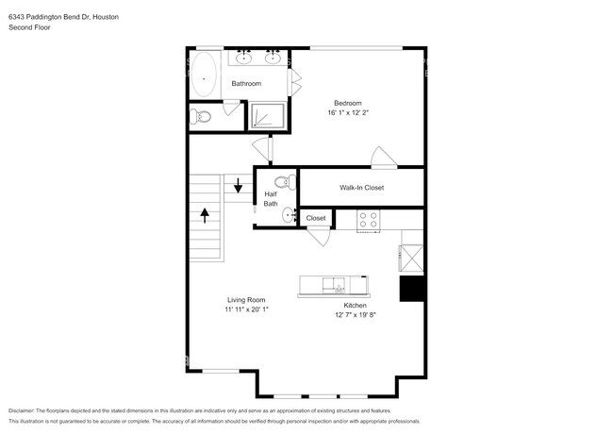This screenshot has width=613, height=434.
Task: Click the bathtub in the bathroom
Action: pyautogui.click(x=204, y=75)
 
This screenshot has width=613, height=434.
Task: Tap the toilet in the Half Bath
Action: pyautogui.click(x=286, y=182)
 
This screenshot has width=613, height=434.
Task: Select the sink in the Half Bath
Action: pyautogui.click(x=290, y=215)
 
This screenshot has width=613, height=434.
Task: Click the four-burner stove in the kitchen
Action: pyautogui.click(x=368, y=220)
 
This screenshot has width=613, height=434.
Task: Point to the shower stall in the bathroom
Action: pyautogui.click(x=268, y=115)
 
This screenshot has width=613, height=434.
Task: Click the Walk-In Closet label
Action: pyautogui.click(x=361, y=188)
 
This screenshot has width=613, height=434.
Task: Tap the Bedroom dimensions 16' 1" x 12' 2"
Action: pyautogui.click(x=348, y=112)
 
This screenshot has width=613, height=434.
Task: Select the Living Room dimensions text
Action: pyautogui.click(x=246, y=309)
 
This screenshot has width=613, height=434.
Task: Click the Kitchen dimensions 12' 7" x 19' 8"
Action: pyautogui.click(x=355, y=315)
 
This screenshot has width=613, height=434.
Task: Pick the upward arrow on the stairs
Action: pyautogui.click(x=205, y=215)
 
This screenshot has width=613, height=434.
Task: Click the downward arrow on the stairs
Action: pyautogui.click(x=238, y=185)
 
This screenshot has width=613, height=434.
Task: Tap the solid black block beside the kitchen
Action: pyautogui.click(x=412, y=289)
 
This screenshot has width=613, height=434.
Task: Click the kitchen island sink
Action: pyautogui.click(x=334, y=285)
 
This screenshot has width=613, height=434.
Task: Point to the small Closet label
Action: pyautogui.click(x=316, y=218)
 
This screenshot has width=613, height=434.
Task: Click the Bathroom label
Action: pyautogui.click(x=246, y=84)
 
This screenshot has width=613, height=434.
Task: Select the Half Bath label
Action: pyautogui.click(x=271, y=199)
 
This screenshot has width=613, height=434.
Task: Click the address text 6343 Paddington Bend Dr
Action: pyautogui.click(x=50, y=17)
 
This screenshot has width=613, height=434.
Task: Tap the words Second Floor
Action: pyautogui.click(x=29, y=27)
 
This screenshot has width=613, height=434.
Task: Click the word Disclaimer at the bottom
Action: pyautogui.click(x=22, y=411)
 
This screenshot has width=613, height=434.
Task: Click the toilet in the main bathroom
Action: pyautogui.click(x=200, y=116)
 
